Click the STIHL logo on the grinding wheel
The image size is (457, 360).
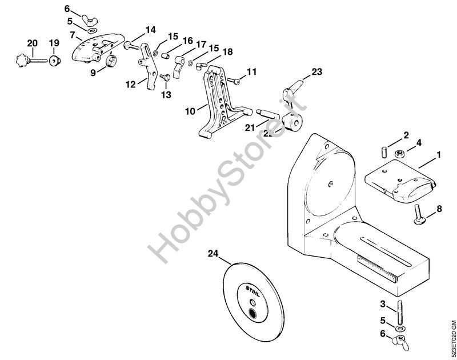click(x=252, y=291)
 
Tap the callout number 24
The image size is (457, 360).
click(x=213, y=254)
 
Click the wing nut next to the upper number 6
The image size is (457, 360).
click(x=90, y=20)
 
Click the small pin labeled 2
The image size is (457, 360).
click(x=384, y=153)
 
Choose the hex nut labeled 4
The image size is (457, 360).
click(x=399, y=153)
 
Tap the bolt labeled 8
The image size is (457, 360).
click(x=419, y=214)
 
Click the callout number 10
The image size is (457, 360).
click(x=190, y=111)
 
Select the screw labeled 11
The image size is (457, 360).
click(x=233, y=81)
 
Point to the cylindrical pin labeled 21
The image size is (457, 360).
click(x=267, y=114)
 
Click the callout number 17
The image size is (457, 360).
click(x=201, y=45)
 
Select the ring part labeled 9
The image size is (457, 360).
click(x=111, y=61)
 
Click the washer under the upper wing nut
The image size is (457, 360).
click(x=93, y=30)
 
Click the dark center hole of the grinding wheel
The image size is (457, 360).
click(x=252, y=313)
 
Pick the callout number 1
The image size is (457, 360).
click(x=438, y=155)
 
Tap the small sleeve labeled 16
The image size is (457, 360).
click(x=166, y=55)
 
